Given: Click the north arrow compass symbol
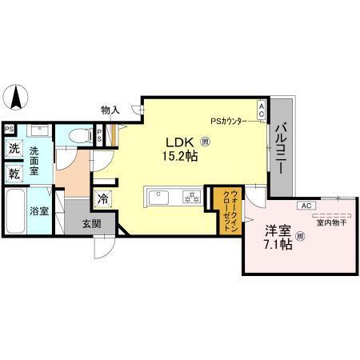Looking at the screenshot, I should [17, 98].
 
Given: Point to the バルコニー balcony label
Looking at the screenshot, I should [282, 146].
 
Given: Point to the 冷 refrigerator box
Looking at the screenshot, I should [103, 198].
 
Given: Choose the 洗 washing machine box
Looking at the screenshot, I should [14, 150].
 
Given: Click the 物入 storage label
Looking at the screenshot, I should [110, 110].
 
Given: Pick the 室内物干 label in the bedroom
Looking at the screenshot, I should [330, 223].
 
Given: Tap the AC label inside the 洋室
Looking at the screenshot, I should [305, 206].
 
